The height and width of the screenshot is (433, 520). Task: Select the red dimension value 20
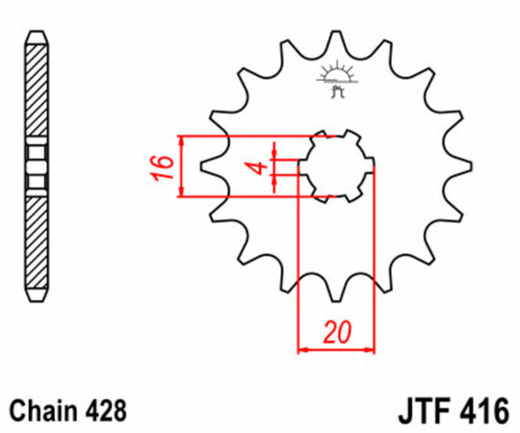[x=335, y=334]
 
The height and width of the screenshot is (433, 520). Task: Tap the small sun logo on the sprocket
[x=333, y=77]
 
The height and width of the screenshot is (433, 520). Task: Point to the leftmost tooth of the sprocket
[x=206, y=167]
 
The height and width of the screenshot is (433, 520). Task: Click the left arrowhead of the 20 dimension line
[x=302, y=347]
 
